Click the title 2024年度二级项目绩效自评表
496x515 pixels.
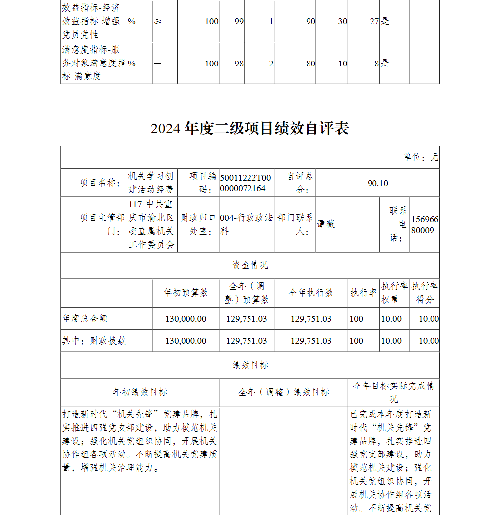point(250,128)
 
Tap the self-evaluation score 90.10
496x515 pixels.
point(377,183)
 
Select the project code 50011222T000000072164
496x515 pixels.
point(246,183)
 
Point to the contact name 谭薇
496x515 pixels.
point(326,224)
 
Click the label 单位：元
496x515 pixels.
point(421,157)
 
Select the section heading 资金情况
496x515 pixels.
point(250,265)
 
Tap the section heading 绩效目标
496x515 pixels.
point(250,365)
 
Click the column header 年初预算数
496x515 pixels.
point(186,293)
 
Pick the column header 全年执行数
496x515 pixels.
point(311,293)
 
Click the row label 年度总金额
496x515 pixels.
point(85,319)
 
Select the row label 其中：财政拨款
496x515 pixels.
point(94,341)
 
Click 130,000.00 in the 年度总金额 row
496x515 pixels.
point(186,319)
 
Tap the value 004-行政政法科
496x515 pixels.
point(246,224)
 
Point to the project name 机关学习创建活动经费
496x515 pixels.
point(151,183)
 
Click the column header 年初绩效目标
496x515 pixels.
point(140,392)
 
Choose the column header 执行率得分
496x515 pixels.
point(425,293)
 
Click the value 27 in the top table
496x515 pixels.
point(374,21)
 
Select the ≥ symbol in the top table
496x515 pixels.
point(157,21)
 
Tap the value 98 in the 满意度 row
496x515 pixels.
point(239,64)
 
